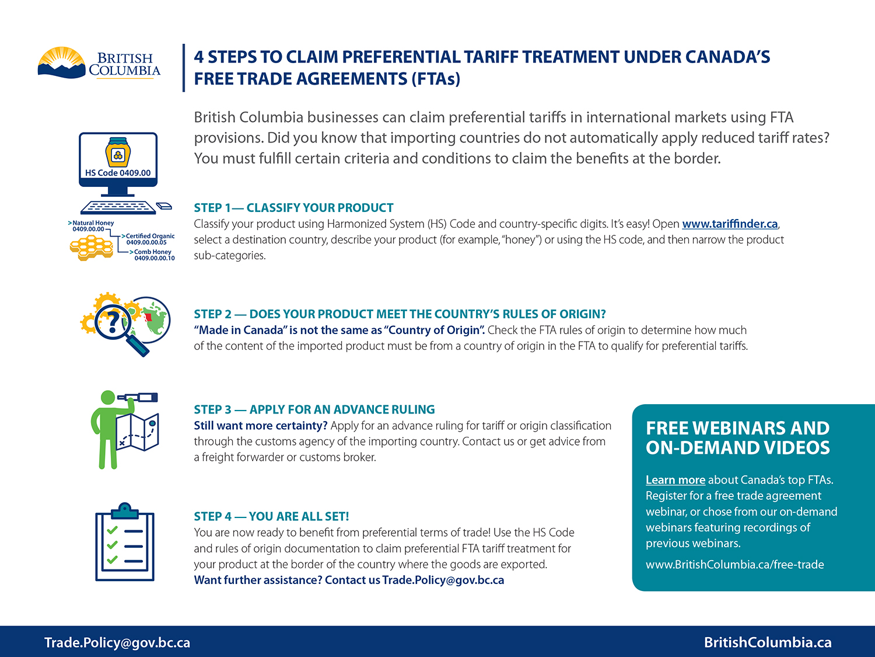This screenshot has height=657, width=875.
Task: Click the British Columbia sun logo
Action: pyautogui.click(x=61, y=63)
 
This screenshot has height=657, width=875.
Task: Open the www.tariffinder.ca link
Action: pyautogui.click(x=730, y=224)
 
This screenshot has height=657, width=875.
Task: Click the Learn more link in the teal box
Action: pyautogui.click(x=675, y=480)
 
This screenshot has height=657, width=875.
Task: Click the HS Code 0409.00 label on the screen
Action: pyautogui.click(x=118, y=173)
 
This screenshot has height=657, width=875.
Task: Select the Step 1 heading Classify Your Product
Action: pyautogui.click(x=293, y=208)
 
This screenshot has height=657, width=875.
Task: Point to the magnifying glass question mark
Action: pyautogui.click(x=115, y=322)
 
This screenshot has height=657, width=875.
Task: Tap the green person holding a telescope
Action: pyautogui.click(x=108, y=429)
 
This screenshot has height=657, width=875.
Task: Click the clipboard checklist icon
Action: pyautogui.click(x=125, y=543)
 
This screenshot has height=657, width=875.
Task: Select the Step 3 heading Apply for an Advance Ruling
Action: pyautogui.click(x=314, y=409)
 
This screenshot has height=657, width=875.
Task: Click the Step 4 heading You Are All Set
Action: pyautogui.click(x=271, y=516)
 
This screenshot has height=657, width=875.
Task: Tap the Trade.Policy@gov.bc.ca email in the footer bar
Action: pyautogui.click(x=117, y=642)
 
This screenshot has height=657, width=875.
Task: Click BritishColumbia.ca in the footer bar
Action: pyautogui.click(x=768, y=642)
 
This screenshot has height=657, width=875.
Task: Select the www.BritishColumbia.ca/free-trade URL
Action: pyautogui.click(x=734, y=565)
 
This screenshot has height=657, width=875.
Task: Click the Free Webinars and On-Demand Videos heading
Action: pyautogui.click(x=737, y=438)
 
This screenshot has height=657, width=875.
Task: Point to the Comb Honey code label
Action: pyautogui.click(x=153, y=255)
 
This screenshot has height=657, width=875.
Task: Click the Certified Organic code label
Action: pyautogui.click(x=149, y=239)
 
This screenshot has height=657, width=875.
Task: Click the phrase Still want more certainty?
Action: pyautogui.click(x=261, y=426)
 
